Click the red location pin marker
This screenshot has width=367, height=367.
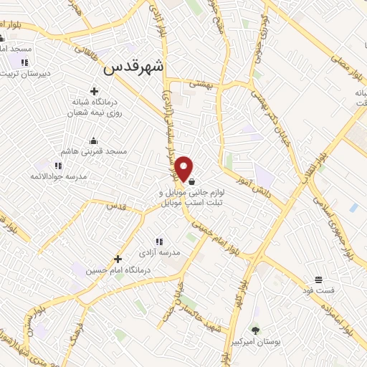click(x=184, y=168)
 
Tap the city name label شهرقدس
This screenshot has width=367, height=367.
click(x=134, y=67)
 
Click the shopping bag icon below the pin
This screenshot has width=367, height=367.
click(x=191, y=182)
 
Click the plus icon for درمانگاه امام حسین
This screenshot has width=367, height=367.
click(x=118, y=259)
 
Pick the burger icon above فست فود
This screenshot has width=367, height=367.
click(x=318, y=280)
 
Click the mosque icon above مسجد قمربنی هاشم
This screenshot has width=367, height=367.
click(x=93, y=140)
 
